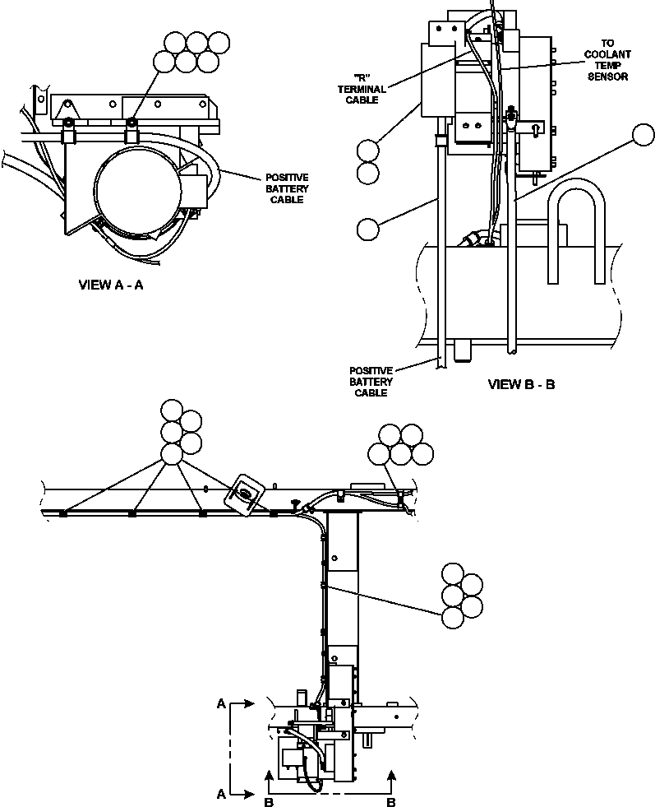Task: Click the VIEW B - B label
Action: coord(521,384)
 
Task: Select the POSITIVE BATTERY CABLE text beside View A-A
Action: coord(286,188)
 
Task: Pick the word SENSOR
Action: coord(608,77)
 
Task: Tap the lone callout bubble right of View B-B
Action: coord(643,135)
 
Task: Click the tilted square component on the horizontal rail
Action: coord(246,495)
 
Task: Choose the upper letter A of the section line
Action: coord(221,705)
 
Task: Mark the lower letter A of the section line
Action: coord(221,794)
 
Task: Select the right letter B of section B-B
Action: coord(392,800)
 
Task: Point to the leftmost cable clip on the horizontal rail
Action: coord(62,515)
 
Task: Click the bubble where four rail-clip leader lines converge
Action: coord(171,454)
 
